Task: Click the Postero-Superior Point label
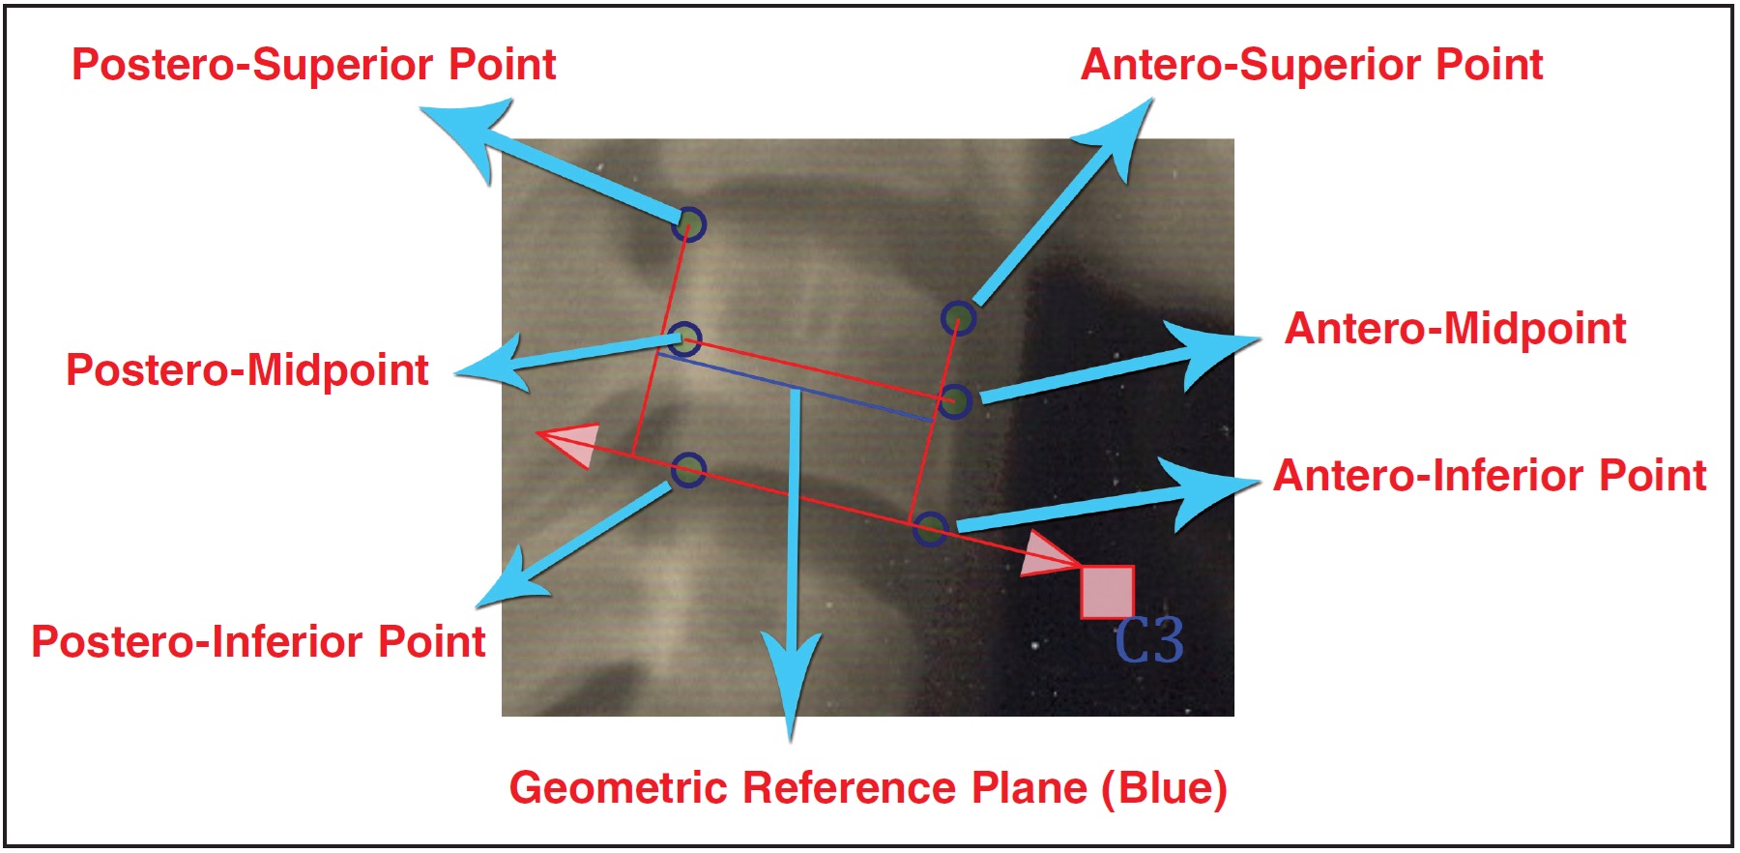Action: click(313, 65)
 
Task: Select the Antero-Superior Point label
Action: click(1311, 65)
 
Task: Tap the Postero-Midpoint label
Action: click(246, 370)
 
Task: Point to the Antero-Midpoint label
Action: click(1455, 329)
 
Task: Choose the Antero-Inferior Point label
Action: click(1489, 476)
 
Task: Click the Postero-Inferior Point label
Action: click(258, 642)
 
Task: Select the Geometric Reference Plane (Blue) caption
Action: click(867, 788)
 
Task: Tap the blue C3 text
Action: click(1148, 640)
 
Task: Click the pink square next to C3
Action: click(1107, 592)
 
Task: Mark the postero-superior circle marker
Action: click(690, 224)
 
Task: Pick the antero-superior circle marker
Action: click(958, 317)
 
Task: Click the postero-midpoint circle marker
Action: click(684, 339)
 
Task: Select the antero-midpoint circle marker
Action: click(955, 401)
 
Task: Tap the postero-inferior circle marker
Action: click(688, 471)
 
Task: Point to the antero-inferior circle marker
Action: click(930, 529)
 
